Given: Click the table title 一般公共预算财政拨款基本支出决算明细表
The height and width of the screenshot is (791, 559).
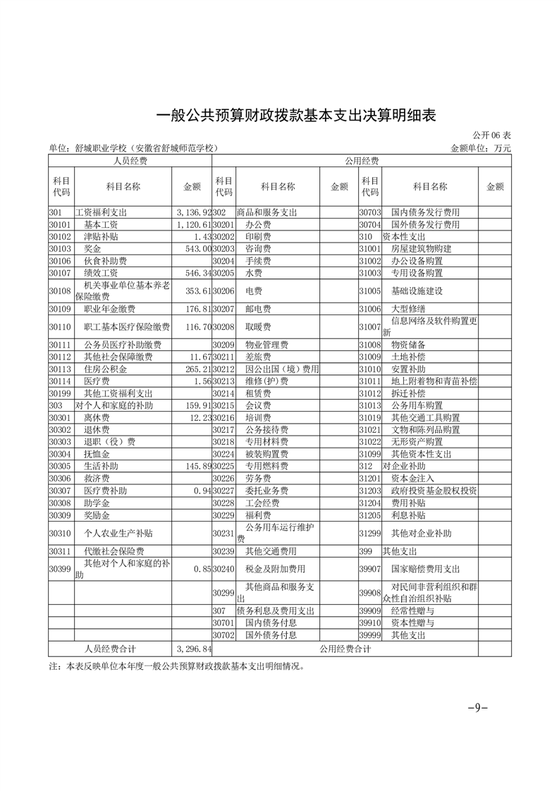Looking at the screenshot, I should [x=295, y=116].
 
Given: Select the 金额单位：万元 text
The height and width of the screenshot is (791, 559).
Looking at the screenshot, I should [x=480, y=149].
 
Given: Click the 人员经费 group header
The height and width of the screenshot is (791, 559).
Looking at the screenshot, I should [x=130, y=161].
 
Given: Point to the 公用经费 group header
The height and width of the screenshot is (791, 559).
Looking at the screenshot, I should [x=362, y=161].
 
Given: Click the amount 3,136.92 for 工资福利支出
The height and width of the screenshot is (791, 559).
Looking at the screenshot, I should [x=192, y=212].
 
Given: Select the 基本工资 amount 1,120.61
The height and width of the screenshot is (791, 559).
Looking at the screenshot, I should [x=192, y=224].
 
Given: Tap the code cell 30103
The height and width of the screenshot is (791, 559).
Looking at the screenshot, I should [x=61, y=249].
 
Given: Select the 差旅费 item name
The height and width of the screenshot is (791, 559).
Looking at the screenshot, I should [x=256, y=357].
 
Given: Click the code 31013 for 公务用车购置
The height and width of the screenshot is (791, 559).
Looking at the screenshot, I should [x=369, y=405].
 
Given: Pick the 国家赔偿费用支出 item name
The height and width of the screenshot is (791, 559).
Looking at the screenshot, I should [x=425, y=569].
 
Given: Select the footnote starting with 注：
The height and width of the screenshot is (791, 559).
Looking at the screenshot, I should [x=177, y=666].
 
